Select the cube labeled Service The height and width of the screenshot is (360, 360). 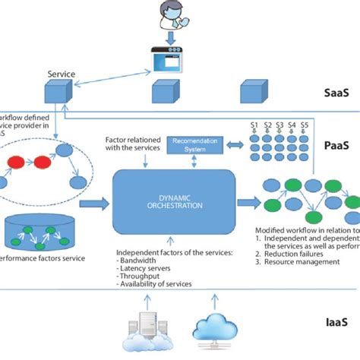coord(56,93)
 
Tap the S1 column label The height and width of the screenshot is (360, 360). coord(255,123)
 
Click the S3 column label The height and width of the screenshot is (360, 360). coord(280,123)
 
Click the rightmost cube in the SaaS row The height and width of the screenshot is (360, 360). coord(253,93)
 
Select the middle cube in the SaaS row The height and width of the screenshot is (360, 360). coord(164,93)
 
